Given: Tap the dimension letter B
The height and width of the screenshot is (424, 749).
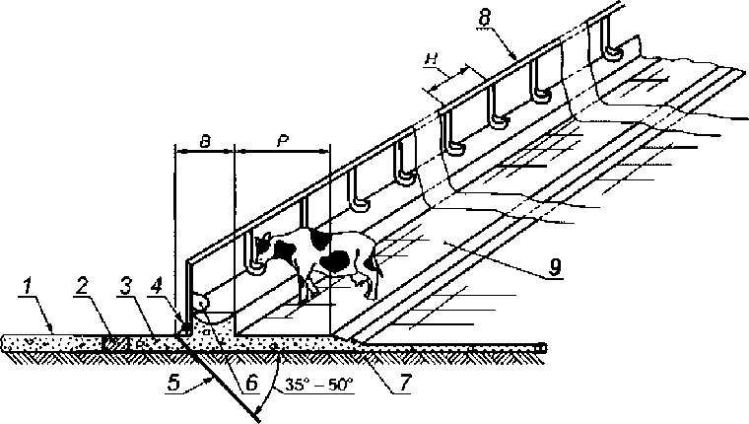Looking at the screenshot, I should tap(203, 141).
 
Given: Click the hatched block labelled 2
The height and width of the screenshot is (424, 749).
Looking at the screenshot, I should tap(115, 342).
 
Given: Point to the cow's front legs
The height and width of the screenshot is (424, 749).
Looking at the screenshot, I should tap(308, 286).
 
